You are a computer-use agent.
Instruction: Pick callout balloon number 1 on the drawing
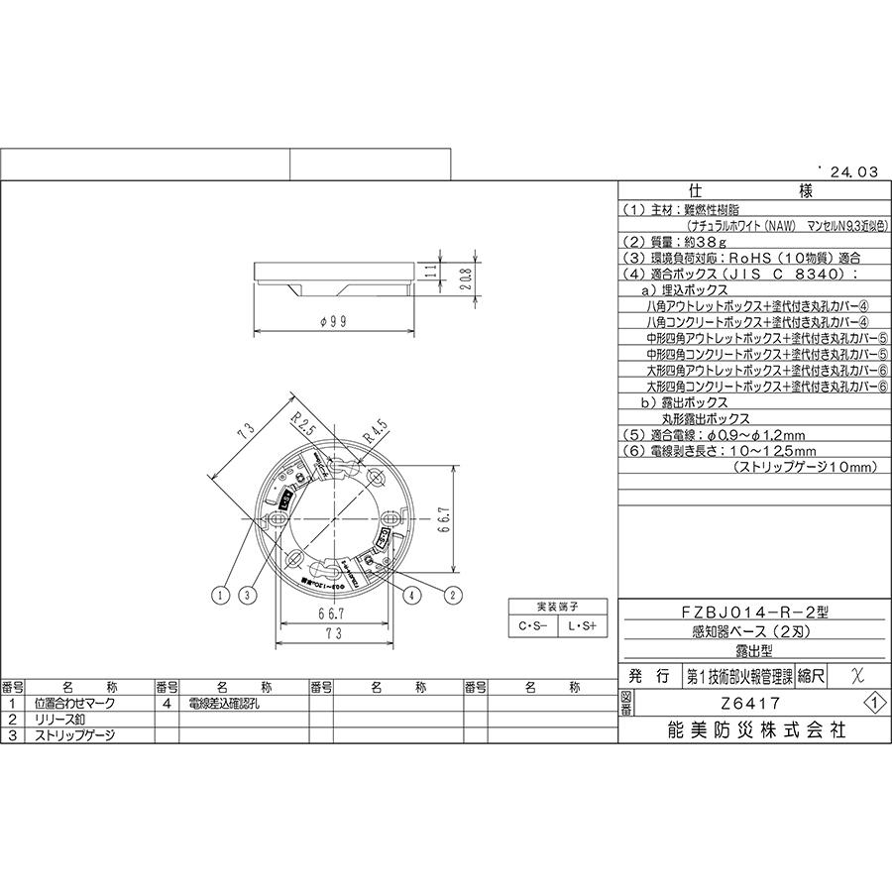pyautogui.click(x=220, y=595)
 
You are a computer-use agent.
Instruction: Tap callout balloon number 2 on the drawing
pyautogui.click(x=453, y=595)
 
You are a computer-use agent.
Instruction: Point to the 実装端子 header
pyautogui.click(x=558, y=606)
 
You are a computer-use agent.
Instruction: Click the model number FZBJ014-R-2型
pyautogui.click(x=750, y=612)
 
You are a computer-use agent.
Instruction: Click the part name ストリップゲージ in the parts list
pyautogui.click(x=75, y=735)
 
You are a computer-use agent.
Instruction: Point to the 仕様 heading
pyautogui.click(x=751, y=191)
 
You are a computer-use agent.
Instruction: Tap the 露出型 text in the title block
pyautogui.click(x=751, y=650)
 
